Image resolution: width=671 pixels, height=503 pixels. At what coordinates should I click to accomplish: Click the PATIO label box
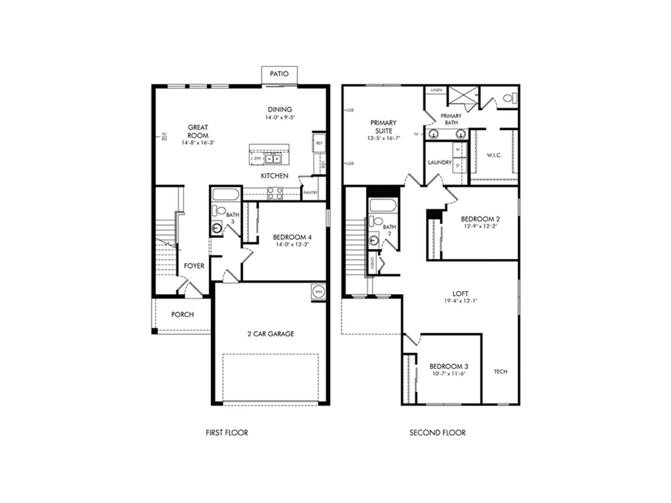coord(279,74)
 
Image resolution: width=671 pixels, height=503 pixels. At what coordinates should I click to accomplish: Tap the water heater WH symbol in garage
coord(318,292)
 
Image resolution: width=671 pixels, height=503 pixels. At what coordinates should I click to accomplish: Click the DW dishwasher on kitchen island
coord(257,158)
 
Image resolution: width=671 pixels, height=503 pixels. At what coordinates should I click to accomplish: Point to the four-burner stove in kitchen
coord(275,193)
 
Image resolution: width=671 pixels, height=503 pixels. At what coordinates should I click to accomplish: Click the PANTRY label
coord(310,193)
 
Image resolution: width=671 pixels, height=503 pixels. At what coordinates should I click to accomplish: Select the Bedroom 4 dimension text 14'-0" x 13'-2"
coord(292,244)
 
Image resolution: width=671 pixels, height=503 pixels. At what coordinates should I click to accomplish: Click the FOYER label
coord(194,266)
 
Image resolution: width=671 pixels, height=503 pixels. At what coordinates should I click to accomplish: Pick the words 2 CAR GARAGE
coord(270,334)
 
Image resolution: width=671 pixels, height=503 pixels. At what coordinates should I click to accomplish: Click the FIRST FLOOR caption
coord(227,433)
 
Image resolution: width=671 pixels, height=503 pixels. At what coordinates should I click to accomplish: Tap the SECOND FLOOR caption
coord(437,433)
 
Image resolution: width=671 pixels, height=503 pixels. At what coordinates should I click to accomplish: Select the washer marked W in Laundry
coord(458,149)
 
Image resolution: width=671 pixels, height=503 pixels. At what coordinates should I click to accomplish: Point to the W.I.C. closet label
coord(494,155)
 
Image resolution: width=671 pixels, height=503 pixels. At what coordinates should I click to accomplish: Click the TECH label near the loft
coord(501,371)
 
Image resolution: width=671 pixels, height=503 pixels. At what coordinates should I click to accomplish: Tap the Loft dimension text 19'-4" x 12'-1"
coord(460,301)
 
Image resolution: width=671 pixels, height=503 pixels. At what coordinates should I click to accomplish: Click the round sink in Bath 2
coord(374,240)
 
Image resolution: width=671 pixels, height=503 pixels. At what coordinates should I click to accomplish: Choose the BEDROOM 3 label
coord(445,366)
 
